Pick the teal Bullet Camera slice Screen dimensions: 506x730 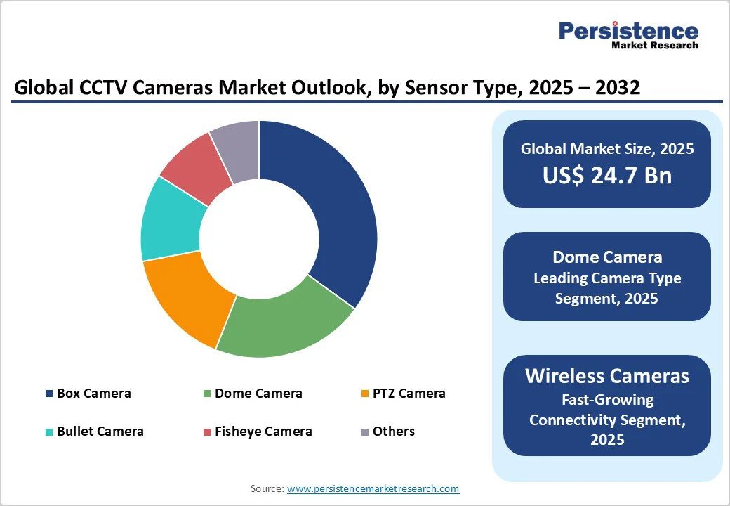[168, 221]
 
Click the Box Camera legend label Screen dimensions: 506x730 [94, 394]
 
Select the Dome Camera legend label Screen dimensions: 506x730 [258, 394]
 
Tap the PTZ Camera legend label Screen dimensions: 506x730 [409, 394]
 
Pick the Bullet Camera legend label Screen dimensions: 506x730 [100, 432]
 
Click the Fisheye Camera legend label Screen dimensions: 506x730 [263, 432]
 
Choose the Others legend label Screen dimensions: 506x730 [394, 432]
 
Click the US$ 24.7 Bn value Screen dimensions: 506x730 [607, 175]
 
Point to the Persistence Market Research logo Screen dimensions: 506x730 [628, 34]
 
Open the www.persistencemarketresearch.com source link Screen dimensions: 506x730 [373, 488]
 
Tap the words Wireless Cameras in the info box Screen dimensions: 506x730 [607, 375]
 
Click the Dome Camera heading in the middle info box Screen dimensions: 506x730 [607, 257]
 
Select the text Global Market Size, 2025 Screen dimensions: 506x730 [607, 148]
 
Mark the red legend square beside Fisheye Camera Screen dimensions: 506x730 [207, 432]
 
